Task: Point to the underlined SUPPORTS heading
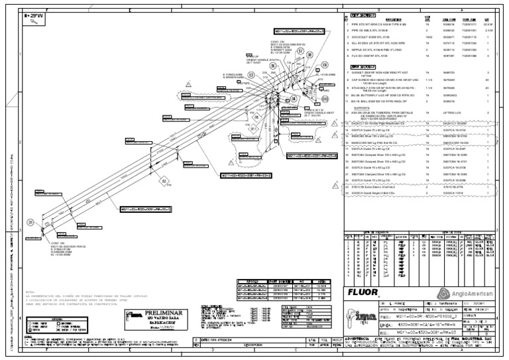click(x=361, y=107)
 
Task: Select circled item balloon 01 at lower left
click(x=30, y=222)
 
